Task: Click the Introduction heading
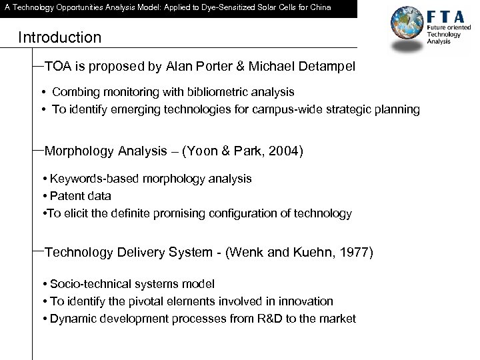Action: [60, 37]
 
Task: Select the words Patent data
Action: [81, 196]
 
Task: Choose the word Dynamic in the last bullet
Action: [72, 319]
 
